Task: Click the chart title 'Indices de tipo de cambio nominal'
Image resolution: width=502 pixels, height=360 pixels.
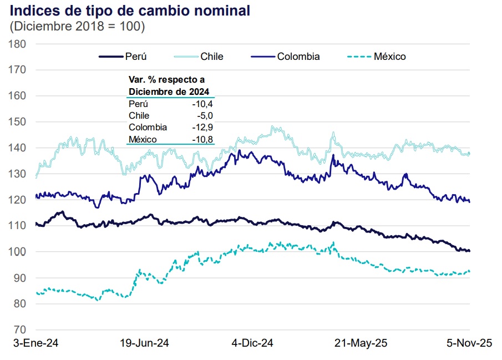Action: [130, 11]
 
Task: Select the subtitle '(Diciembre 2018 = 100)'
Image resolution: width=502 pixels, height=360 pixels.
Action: [77, 26]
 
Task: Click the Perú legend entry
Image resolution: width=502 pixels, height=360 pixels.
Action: [123, 57]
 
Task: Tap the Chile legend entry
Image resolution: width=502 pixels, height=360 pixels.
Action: [199, 57]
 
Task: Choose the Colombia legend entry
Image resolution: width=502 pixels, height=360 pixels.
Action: [285, 57]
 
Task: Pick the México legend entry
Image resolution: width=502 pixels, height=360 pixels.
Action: [377, 57]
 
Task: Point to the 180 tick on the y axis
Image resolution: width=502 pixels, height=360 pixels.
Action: [17, 44]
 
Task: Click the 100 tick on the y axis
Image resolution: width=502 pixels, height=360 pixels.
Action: [17, 252]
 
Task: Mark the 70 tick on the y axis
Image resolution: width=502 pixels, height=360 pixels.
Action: [19, 329]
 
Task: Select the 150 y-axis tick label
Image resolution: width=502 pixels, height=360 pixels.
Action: [17, 121]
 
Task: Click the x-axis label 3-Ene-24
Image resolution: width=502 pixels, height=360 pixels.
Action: [36, 343]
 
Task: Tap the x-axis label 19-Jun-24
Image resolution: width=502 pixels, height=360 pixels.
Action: [144, 343]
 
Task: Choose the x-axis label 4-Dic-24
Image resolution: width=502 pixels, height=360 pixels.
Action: [252, 343]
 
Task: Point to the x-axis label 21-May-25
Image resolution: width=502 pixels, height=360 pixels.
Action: [361, 343]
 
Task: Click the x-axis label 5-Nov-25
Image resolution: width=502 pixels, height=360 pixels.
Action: [469, 343]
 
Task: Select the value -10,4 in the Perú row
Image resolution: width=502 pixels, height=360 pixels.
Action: [202, 104]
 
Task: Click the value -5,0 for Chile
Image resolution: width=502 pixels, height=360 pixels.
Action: [205, 115]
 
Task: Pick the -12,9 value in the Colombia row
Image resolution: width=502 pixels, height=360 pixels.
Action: [202, 128]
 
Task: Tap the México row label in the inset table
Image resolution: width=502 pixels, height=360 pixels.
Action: [143, 139]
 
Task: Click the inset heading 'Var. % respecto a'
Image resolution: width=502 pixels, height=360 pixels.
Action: [166, 80]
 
